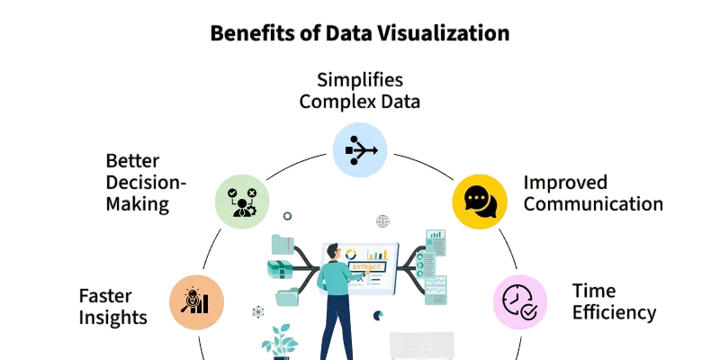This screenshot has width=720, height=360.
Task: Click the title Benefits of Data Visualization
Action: click(359, 33)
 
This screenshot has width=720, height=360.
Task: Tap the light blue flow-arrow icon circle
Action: click(359, 149)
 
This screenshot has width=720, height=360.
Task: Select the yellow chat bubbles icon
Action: click(480, 202)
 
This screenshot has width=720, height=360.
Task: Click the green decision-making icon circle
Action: click(242, 202)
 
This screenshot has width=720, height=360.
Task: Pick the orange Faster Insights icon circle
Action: click(196, 302)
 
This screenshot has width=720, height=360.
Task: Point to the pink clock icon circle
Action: click(520, 302)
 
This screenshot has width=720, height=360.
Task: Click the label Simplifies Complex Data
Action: click(359, 91)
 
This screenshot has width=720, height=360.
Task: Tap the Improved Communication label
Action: click(593, 193)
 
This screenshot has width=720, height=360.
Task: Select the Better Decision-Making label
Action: click(146, 183)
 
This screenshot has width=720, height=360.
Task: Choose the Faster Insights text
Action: click(113, 306)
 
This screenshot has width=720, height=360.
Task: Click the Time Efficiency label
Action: click(614, 301)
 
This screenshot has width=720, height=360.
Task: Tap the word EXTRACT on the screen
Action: click(366, 266)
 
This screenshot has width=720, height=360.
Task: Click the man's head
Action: click(333, 253)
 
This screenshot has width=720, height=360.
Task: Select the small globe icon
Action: click(383, 221)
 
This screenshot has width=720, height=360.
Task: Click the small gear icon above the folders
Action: click(287, 216)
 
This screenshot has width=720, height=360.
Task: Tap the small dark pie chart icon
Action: click(378, 316)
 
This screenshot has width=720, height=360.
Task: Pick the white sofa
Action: click(421, 346)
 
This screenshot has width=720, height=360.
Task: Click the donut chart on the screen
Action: click(351, 254)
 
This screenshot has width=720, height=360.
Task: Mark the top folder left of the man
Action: click(283, 244)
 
